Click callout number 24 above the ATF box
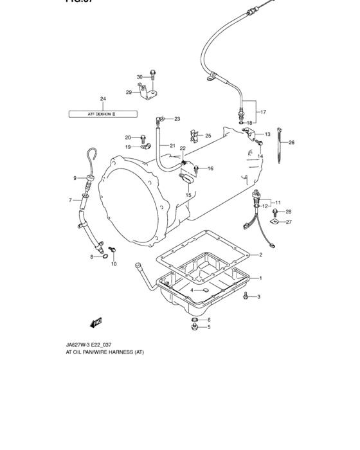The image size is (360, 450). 102,98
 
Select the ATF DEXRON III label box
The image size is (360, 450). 103,114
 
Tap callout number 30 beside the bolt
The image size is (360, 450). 139,77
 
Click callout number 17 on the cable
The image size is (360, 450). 262,112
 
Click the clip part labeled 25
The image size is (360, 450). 195,136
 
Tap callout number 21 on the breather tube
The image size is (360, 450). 172,146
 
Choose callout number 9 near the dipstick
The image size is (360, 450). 75,178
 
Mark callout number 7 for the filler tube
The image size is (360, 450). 71,200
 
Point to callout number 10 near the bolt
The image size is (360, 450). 114,264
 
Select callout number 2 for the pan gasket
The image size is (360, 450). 260,255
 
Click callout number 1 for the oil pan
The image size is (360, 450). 260,278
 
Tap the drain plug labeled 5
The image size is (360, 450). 194,328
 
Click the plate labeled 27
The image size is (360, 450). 274,222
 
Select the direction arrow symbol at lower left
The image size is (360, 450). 96,323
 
